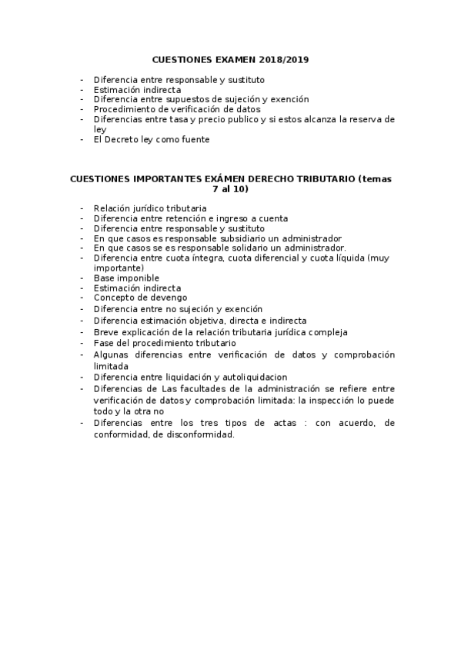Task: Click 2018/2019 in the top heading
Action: [283, 59]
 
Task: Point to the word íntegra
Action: [194, 258]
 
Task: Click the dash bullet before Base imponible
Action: [82, 278]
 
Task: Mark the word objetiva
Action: [216, 321]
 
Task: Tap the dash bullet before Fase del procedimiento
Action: [82, 343]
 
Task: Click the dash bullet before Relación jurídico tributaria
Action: [82, 208]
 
